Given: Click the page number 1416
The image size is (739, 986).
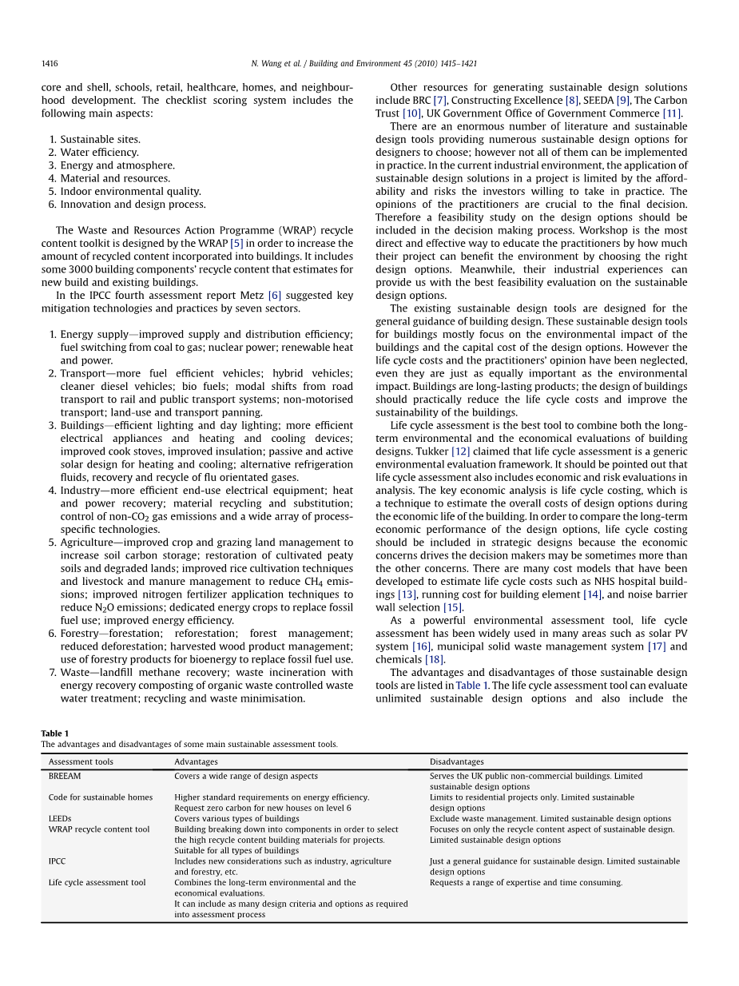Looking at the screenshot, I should [50, 64].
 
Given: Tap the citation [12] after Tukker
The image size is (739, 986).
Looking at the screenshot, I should [461, 451].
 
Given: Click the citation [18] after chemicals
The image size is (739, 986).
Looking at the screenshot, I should [434, 659].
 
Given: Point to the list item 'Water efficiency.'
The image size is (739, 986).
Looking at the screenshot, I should [99, 153].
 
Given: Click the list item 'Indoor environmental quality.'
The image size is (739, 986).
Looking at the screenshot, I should [130, 192].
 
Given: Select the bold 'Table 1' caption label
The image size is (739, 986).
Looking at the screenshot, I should [55, 734].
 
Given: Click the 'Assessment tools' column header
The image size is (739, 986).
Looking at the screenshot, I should [81, 762].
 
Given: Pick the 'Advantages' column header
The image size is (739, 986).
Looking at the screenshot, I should [196, 762].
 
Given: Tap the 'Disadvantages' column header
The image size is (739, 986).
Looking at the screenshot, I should [456, 762].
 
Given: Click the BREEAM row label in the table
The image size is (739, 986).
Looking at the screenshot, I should [65, 776].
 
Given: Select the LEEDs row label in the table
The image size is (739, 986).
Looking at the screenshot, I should [60, 819].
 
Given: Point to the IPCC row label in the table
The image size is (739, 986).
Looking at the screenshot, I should [57, 861].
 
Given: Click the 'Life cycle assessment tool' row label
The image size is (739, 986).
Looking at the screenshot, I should [97, 883].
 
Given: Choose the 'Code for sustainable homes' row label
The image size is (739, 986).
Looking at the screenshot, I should [100, 797].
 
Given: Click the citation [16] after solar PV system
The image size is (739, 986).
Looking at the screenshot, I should [422, 646].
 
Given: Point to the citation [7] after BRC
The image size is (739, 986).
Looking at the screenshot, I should [440, 101].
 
